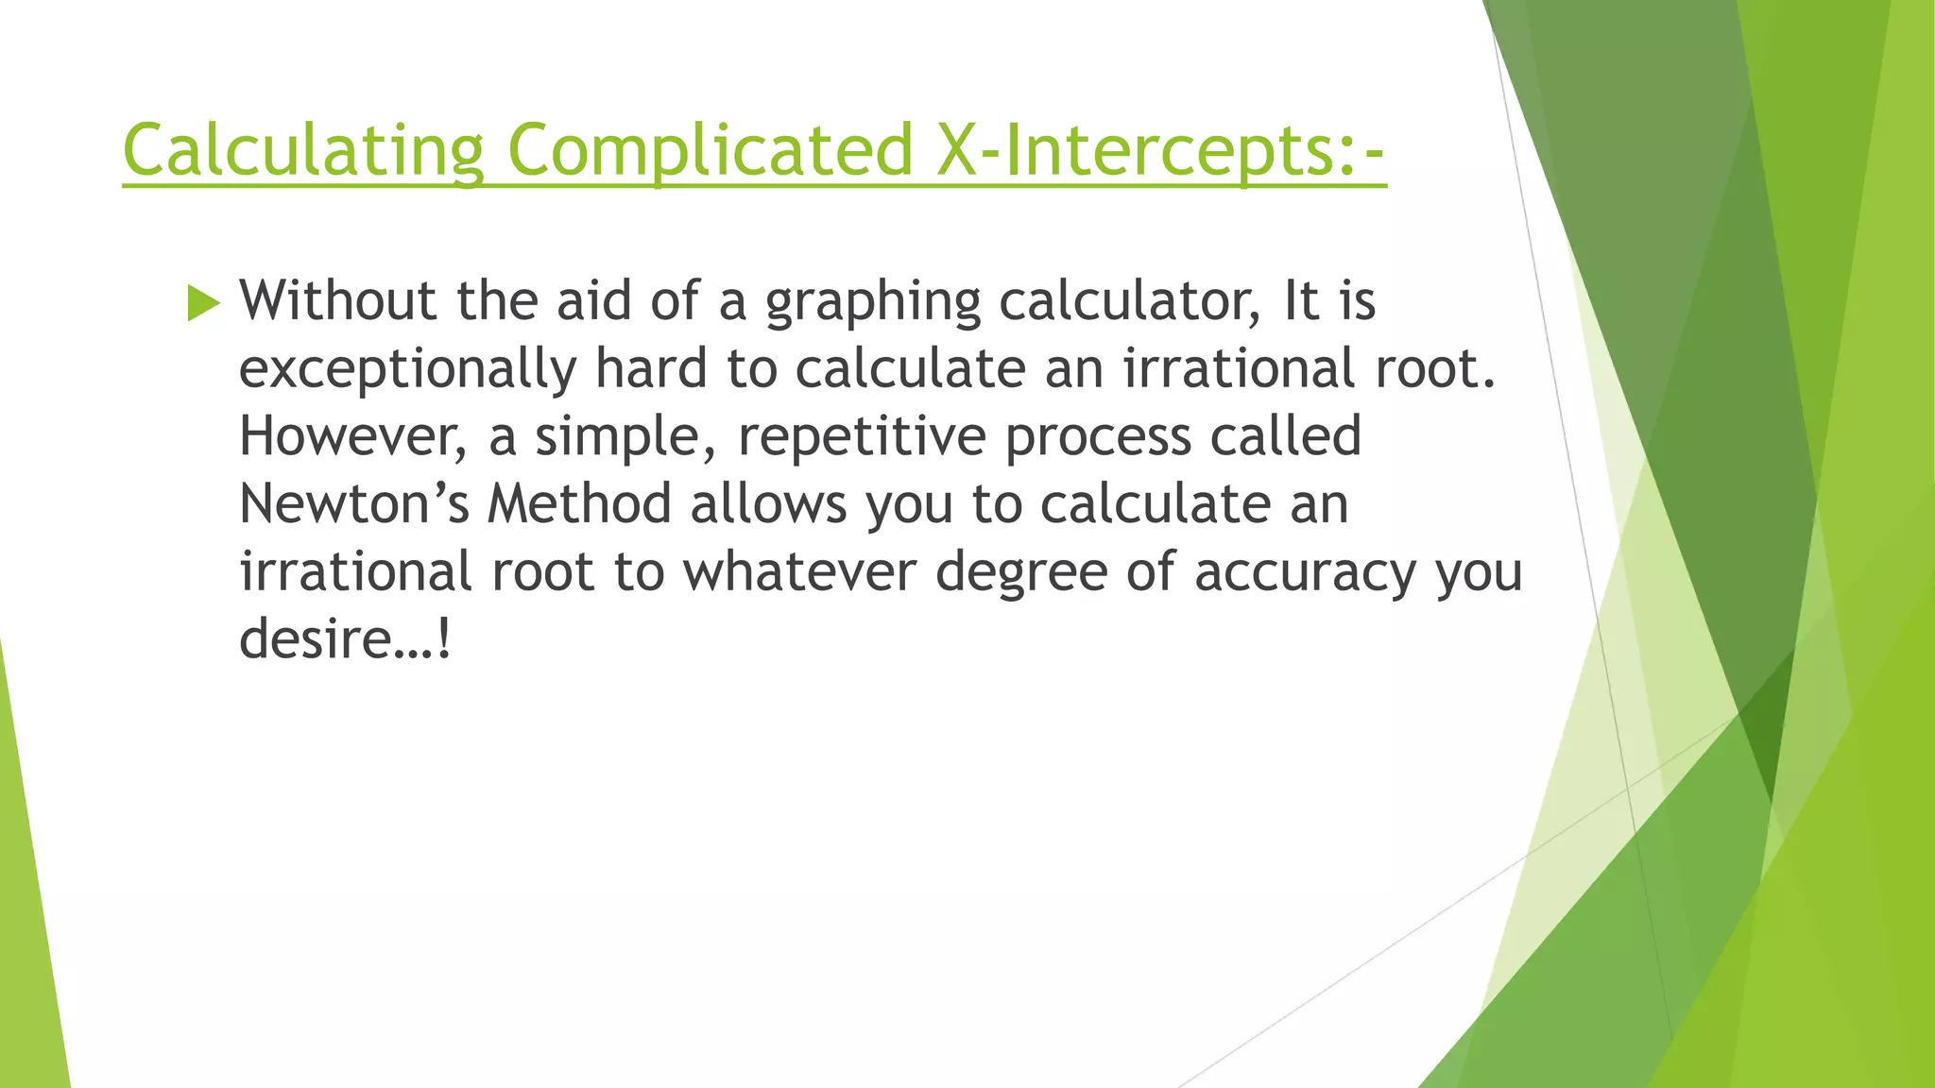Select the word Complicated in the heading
(x=710, y=151)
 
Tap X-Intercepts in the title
(x=1135, y=151)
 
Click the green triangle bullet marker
(x=203, y=303)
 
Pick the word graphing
(x=873, y=302)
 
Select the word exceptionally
(x=407, y=370)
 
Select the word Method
(x=579, y=504)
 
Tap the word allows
(x=768, y=504)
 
